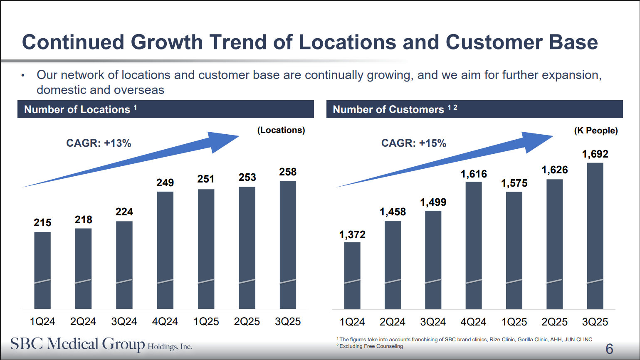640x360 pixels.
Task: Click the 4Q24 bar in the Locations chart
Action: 165,249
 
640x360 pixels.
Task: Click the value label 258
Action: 288,172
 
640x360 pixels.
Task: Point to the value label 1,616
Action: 474,174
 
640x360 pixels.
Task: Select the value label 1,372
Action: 352,235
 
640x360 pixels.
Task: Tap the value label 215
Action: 42,223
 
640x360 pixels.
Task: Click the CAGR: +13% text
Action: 99,143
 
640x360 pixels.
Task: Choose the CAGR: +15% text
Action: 413,143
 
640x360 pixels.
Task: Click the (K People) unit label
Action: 596,131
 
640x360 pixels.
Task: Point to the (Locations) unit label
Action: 281,130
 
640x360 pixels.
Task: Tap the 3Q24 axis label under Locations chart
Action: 124,322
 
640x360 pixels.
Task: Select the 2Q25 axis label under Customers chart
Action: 554,322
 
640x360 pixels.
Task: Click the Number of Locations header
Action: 77,109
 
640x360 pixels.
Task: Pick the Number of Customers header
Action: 388,109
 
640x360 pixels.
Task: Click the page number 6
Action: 609,348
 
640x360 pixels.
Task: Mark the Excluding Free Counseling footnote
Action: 371,346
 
